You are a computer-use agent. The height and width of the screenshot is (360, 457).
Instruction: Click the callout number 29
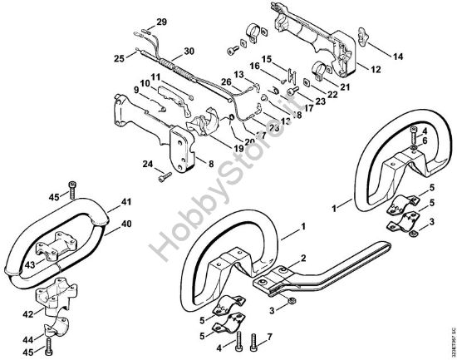(162, 20)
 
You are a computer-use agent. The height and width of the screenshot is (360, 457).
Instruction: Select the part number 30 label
(189, 51)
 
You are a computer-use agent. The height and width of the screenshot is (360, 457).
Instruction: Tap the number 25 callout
(119, 58)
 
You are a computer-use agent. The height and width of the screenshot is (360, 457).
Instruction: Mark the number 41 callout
(127, 202)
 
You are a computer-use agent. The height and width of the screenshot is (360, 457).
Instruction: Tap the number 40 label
(127, 222)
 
